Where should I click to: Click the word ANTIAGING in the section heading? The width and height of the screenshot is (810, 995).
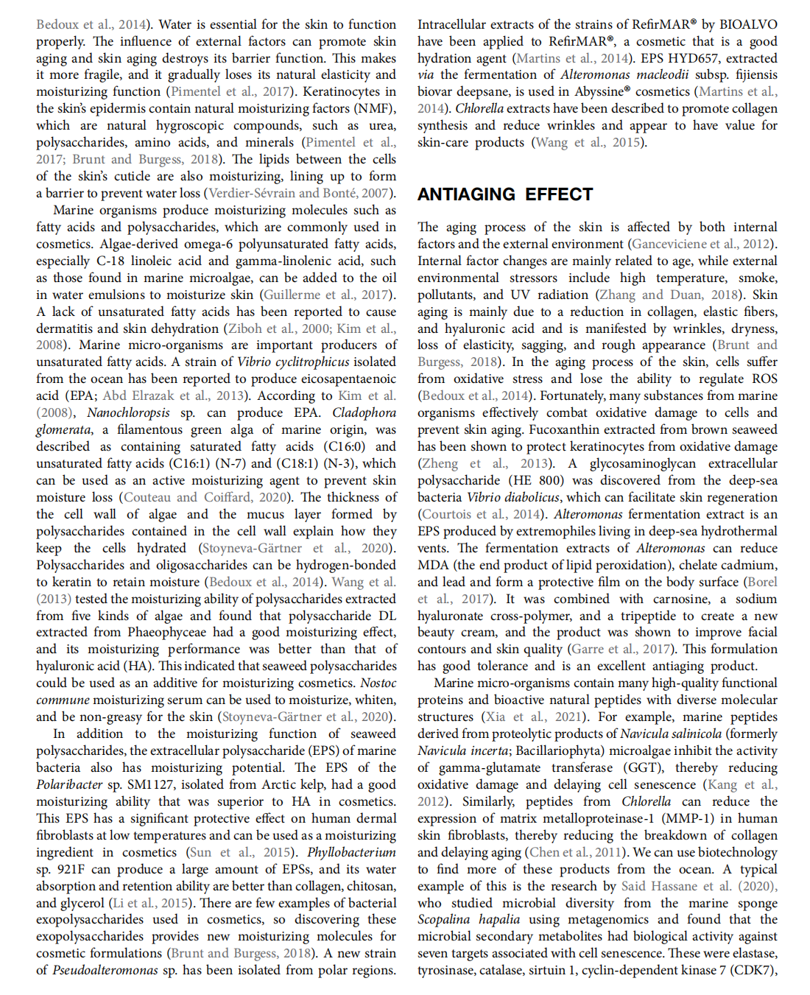(x=466, y=194)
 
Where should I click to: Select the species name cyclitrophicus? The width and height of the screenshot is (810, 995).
(x=304, y=362)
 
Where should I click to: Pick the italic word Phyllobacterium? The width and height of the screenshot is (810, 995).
(x=351, y=852)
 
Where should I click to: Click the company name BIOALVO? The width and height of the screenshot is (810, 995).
(x=747, y=24)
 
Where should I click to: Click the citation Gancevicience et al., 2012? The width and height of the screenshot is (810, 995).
(x=701, y=244)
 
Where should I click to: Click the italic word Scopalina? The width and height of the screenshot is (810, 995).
(x=444, y=919)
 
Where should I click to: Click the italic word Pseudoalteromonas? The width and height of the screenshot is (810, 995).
(x=105, y=970)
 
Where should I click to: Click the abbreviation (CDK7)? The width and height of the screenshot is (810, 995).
(x=753, y=970)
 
